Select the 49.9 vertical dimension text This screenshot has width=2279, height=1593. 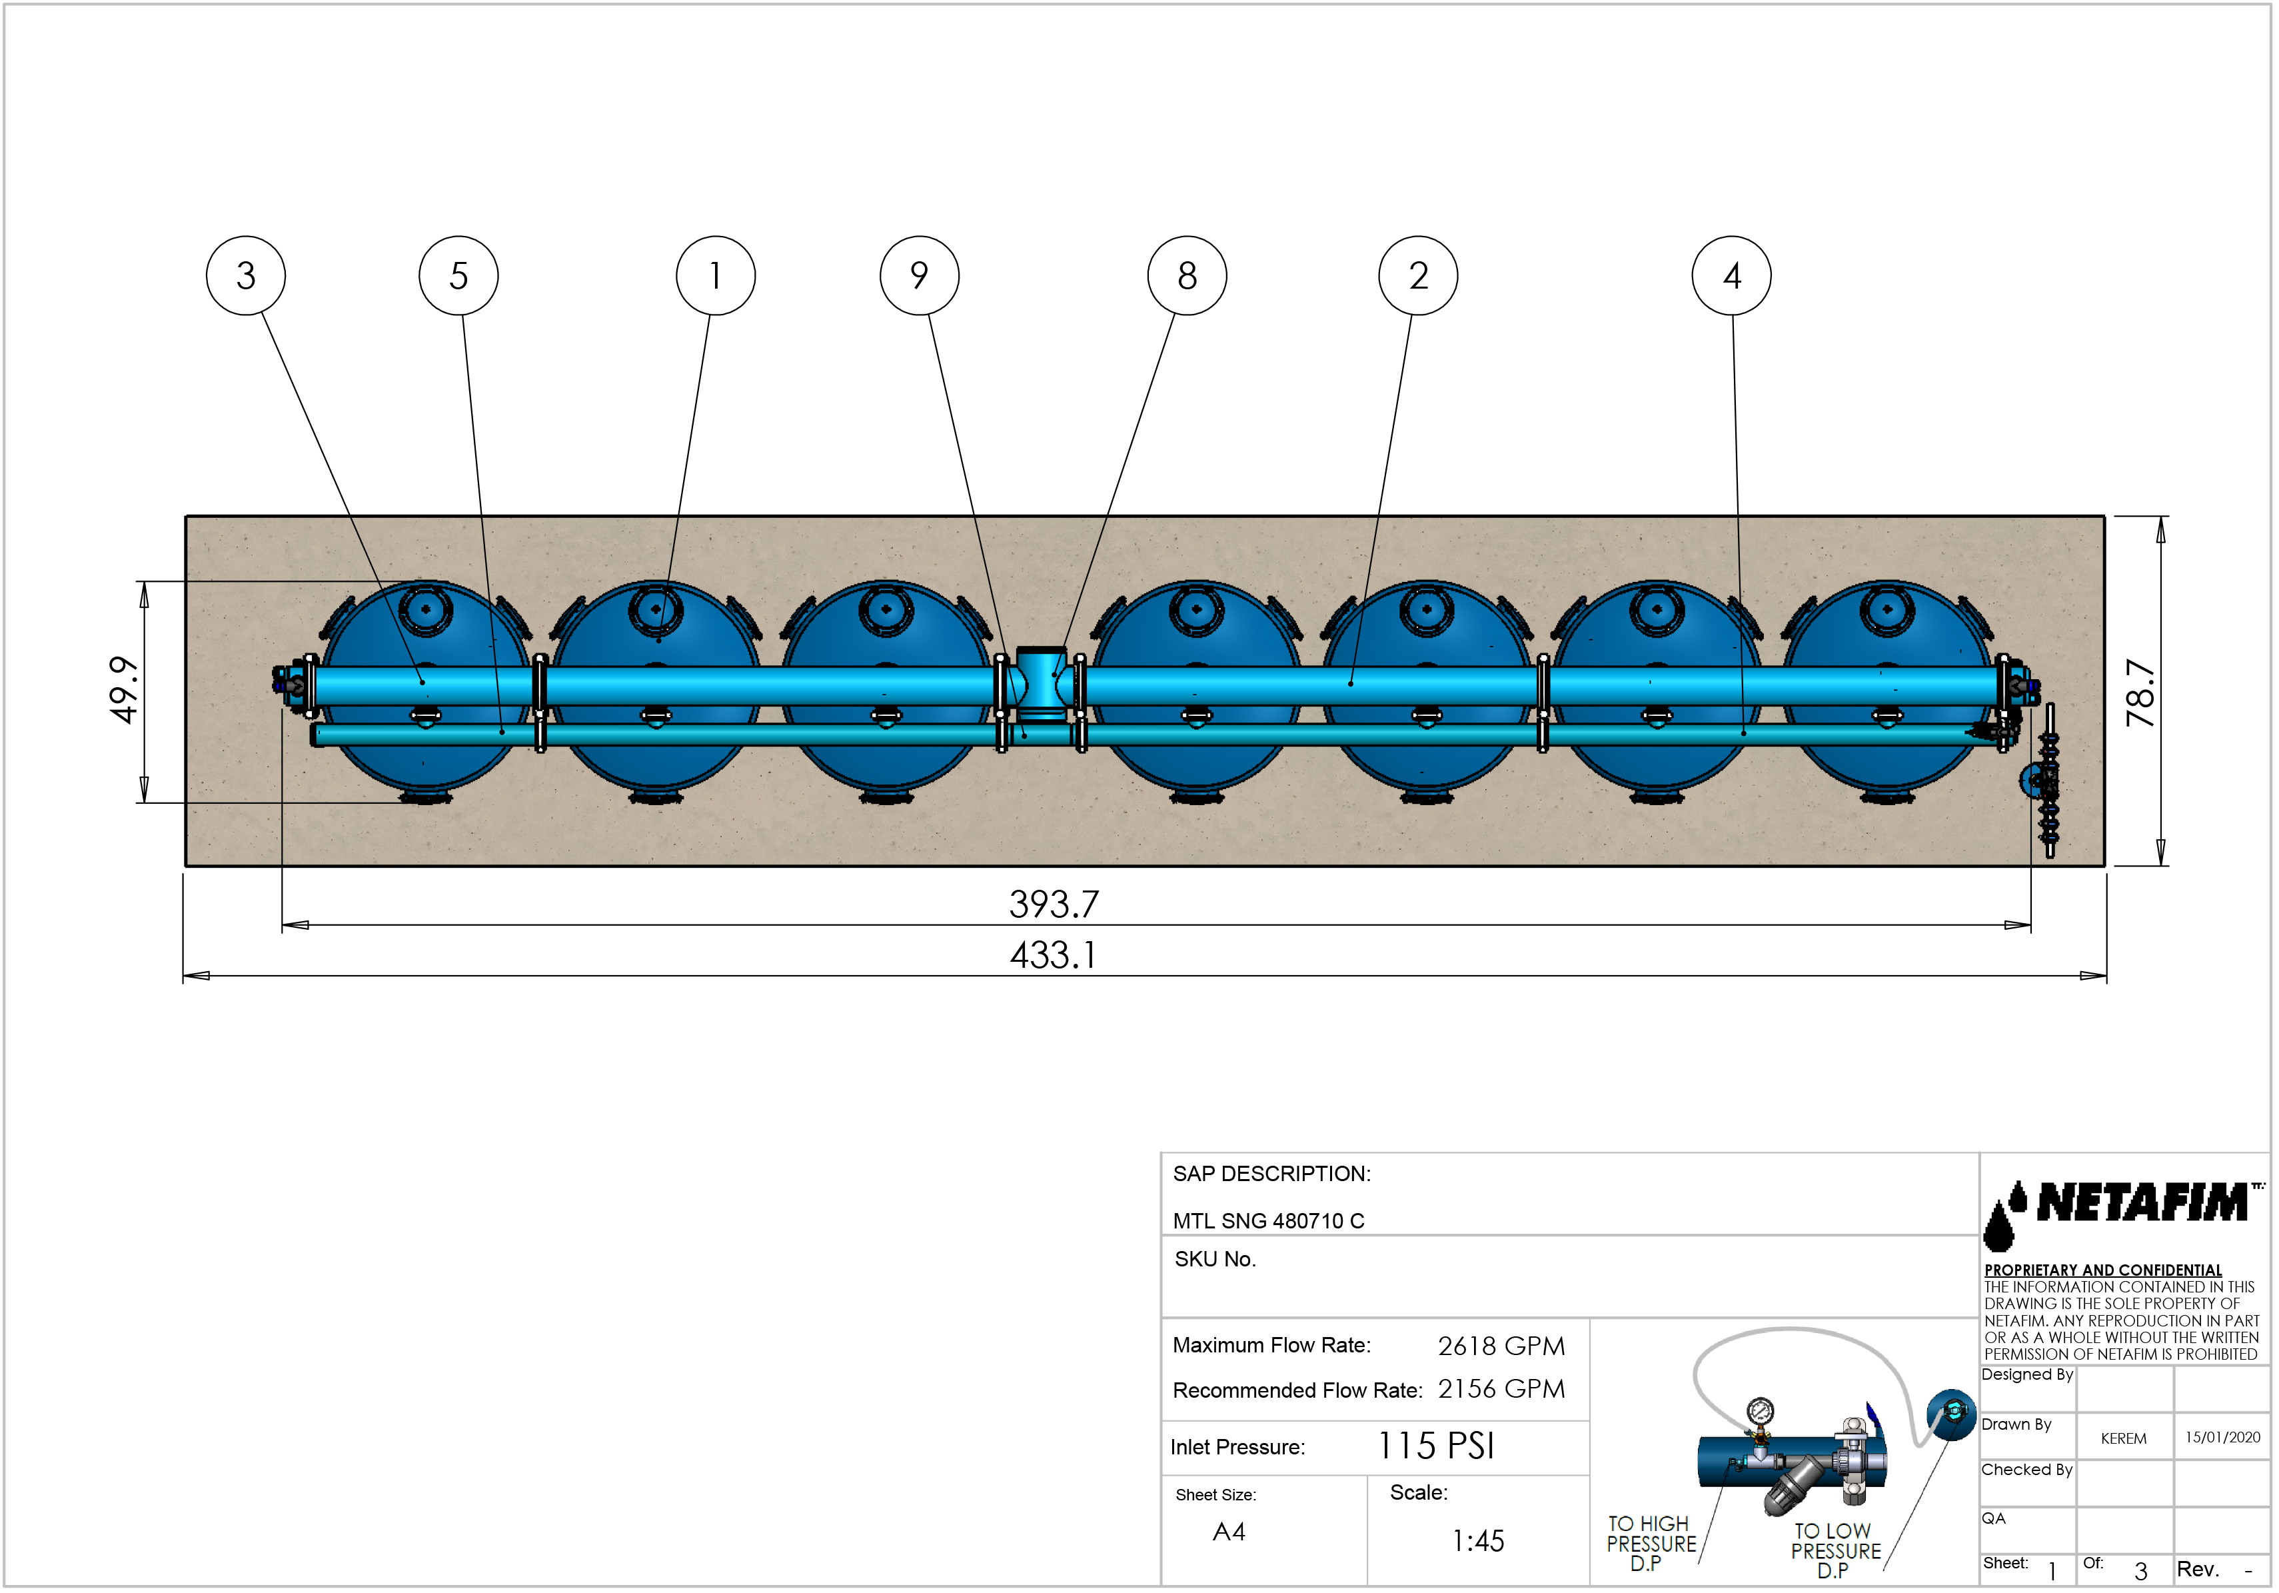coord(123,690)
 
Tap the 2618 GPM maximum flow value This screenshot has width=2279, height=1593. coord(1501,1346)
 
